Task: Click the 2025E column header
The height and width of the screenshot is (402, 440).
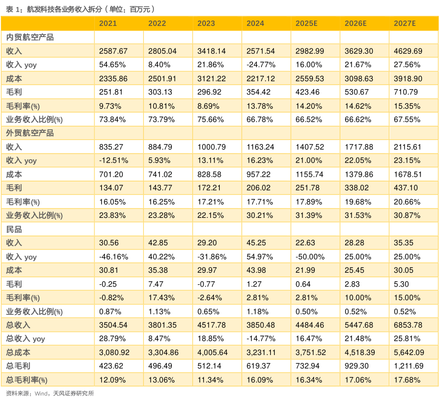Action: pos(307,23)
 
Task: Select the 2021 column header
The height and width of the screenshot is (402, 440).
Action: pos(107,23)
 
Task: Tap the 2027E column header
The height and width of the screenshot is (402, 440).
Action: pos(405,23)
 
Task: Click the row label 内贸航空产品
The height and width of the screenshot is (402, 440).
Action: pos(30,37)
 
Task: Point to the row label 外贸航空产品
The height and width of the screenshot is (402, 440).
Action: pos(30,133)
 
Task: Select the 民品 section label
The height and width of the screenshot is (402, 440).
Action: pos(14,229)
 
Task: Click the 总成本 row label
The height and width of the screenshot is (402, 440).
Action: pos(18,352)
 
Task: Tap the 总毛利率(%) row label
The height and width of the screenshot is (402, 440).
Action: pos(27,380)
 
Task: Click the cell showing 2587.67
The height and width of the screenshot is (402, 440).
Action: pos(113,51)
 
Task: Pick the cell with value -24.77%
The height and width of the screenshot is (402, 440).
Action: pos(261,64)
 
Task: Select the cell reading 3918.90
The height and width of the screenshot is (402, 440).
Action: pos(408,79)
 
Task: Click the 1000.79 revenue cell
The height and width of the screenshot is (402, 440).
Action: pos(212,147)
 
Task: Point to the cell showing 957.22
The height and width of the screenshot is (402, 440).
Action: pos(258,175)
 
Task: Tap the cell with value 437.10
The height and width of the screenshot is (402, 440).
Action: pos(406,188)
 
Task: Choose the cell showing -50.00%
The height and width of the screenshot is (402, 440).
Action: pos(310,257)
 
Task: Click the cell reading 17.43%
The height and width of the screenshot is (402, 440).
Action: pos(161,298)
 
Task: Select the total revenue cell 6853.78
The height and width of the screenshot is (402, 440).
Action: pos(408,325)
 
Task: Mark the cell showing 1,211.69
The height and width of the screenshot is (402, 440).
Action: pos(409,366)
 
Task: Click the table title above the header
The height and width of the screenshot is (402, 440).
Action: pos(80,9)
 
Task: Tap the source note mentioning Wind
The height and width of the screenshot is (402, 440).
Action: pos(50,393)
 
